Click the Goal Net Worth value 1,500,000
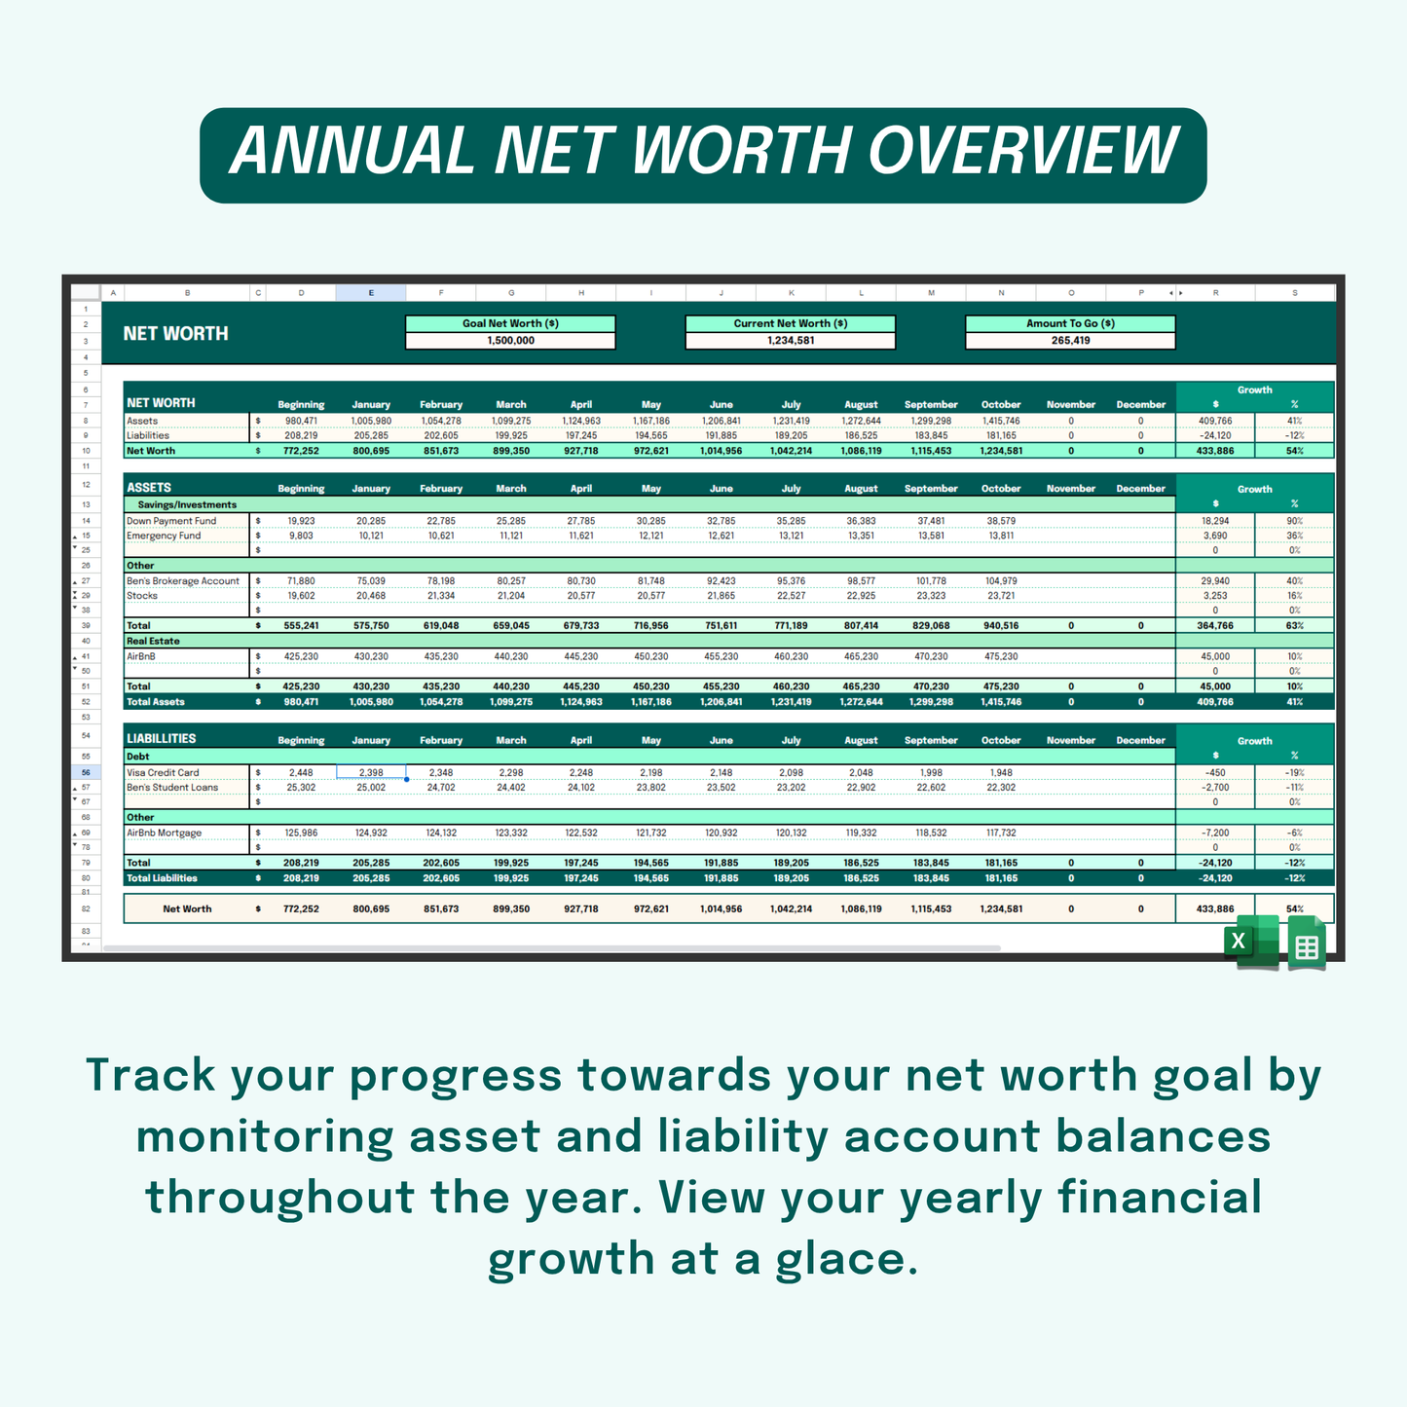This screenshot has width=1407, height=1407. click(x=510, y=341)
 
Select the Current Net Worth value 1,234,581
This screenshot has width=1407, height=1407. click(x=790, y=341)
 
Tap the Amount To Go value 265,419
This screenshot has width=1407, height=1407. click(x=1070, y=341)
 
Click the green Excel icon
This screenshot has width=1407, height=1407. click(x=1252, y=943)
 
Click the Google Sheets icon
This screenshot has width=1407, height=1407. click(x=1307, y=944)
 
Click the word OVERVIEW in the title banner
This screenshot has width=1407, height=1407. click(x=1022, y=153)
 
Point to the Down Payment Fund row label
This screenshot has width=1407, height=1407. click(x=171, y=521)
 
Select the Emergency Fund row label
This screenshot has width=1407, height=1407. click(x=164, y=536)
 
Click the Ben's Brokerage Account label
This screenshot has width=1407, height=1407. click(x=183, y=581)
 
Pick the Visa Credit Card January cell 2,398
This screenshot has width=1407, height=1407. click(x=371, y=772)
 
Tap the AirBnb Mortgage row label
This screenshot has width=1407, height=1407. click(x=165, y=833)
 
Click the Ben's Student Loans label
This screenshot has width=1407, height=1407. click(x=172, y=788)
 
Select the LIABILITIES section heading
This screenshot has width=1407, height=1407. click(x=162, y=739)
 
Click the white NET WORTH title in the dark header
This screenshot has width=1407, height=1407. click(x=176, y=334)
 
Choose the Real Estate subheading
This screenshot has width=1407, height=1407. click(x=153, y=641)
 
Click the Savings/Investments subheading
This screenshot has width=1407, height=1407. click(x=187, y=504)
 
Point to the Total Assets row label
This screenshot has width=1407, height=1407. click(x=156, y=702)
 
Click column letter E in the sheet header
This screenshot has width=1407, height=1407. click(x=371, y=293)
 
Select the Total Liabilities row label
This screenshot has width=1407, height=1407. click(x=162, y=878)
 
